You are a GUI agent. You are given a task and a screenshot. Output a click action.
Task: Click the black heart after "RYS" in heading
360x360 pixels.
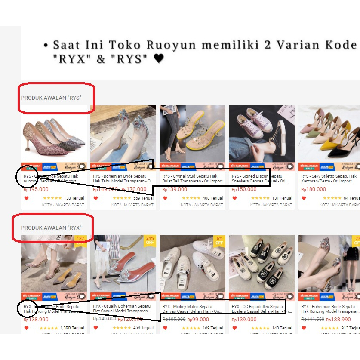[x=159, y=58]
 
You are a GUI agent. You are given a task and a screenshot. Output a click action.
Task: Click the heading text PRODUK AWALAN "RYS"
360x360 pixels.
[x=51, y=98]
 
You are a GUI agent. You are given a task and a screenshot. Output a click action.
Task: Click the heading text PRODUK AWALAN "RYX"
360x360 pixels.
[x=51, y=228]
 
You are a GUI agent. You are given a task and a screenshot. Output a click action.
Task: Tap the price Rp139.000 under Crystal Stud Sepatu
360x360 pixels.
[x=175, y=189]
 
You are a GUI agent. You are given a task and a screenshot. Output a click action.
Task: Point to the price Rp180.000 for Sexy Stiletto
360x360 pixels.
[x=314, y=189]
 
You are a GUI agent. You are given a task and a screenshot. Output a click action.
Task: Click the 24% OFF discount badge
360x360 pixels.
[x=150, y=240]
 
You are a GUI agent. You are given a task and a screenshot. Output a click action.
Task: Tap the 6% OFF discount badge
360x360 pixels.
[x=219, y=240]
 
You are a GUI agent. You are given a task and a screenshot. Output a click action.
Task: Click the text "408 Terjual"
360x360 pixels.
[x=212, y=198]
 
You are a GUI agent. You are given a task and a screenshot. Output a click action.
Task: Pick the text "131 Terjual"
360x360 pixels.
[x=282, y=198]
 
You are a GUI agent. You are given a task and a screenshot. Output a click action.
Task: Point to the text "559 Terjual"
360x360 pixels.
[x=143, y=198]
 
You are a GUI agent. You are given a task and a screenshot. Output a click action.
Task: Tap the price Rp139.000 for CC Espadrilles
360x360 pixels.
[x=244, y=320]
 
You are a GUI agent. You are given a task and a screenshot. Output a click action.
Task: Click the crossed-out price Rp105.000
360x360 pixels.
[x=173, y=319]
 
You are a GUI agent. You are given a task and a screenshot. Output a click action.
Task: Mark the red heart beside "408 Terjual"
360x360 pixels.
[x=165, y=198]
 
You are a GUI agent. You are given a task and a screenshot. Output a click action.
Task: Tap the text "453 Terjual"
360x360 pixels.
[x=143, y=328]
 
